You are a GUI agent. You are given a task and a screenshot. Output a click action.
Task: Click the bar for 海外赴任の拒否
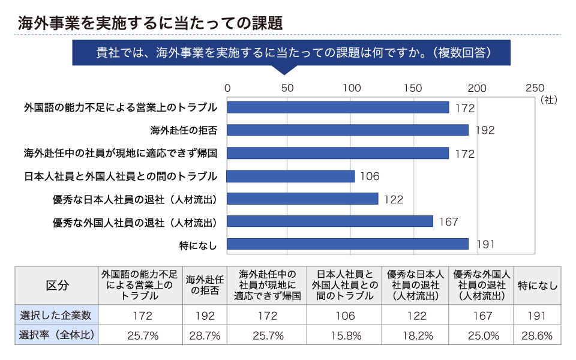347,130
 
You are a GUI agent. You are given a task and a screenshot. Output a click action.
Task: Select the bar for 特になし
347,244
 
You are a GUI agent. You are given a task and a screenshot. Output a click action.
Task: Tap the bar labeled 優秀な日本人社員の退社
302,199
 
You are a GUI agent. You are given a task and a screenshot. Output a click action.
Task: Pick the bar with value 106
290,176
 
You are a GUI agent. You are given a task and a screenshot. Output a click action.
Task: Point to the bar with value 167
330,221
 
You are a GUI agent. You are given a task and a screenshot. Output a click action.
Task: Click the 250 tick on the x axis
535,88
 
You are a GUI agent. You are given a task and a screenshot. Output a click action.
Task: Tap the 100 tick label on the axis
352,88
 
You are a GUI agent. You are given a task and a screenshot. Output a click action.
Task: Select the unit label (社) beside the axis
549,100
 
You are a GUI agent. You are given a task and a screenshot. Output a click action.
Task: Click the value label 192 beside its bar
485,130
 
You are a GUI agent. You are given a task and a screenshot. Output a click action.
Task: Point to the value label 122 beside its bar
394,199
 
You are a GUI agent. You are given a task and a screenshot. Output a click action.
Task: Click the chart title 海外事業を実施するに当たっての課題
150,23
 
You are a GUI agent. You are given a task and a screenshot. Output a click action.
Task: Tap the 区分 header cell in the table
57,286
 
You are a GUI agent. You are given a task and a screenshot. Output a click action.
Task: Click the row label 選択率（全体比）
56,335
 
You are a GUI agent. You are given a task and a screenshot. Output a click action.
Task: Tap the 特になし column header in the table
538,286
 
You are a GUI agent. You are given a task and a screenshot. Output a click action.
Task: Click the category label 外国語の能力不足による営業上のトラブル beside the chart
121,107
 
